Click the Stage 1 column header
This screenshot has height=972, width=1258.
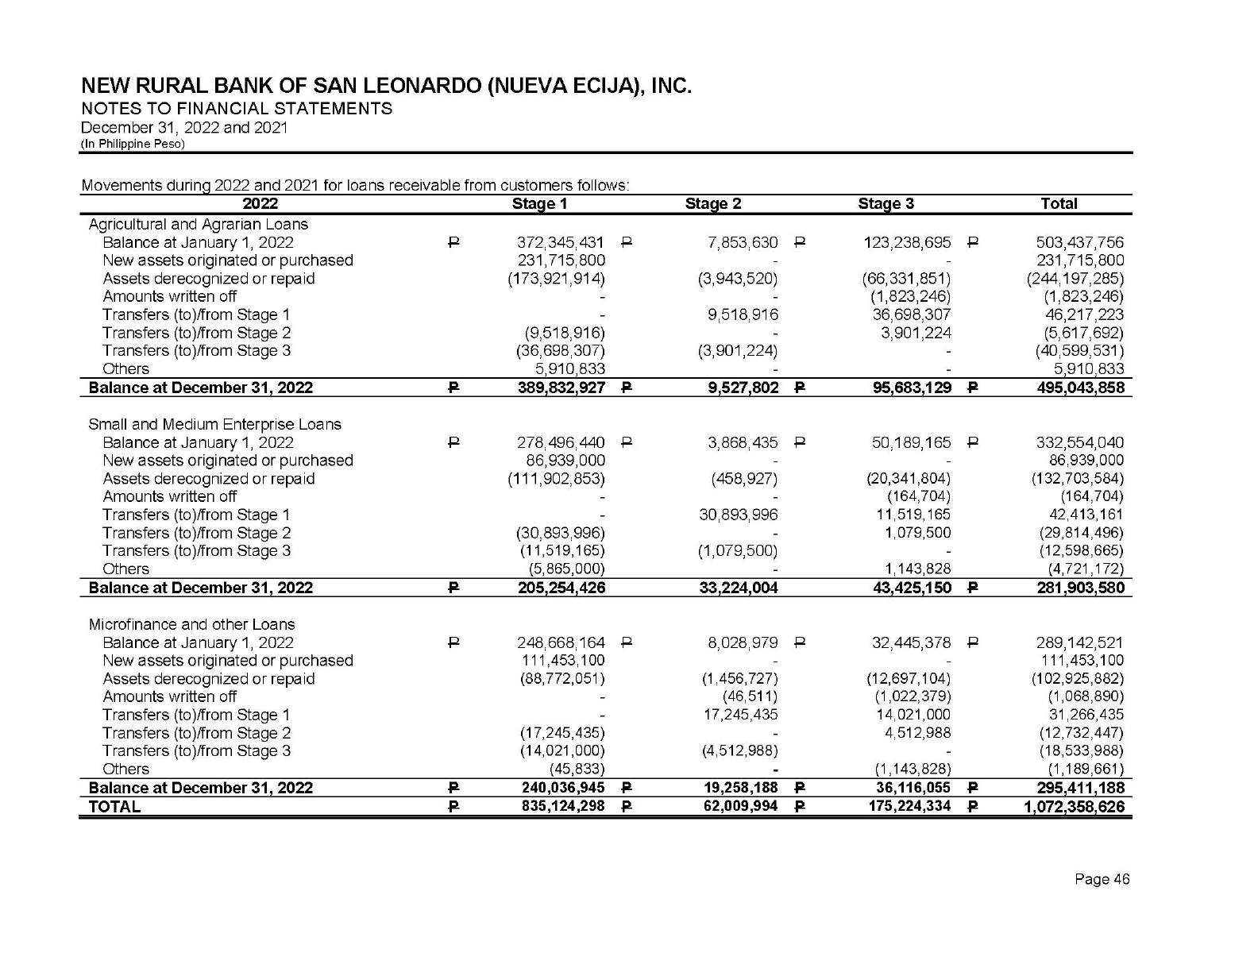coord(539,204)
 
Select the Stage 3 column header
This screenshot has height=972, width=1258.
coord(886,204)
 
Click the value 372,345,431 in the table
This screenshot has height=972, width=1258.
coord(561,242)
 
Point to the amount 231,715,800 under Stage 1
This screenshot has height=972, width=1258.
coord(561,260)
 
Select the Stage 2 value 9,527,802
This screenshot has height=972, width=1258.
coord(743,388)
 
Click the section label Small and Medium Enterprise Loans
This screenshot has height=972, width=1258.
coord(214,424)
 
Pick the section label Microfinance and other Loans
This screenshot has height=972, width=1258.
coord(191,624)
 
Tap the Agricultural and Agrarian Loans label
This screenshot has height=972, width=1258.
coord(198,224)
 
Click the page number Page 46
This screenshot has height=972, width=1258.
coord(1102,879)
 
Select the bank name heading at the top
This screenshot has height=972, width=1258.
coord(386,86)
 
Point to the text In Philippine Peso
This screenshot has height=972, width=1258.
coord(133,144)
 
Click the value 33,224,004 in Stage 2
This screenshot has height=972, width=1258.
coord(738,588)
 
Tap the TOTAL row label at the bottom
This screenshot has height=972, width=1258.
coord(114,807)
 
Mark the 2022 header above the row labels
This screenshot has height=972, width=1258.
coord(260,204)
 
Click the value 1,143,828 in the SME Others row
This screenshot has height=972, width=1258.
coord(917,569)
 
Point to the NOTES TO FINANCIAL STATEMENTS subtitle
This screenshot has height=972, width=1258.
coord(237,109)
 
